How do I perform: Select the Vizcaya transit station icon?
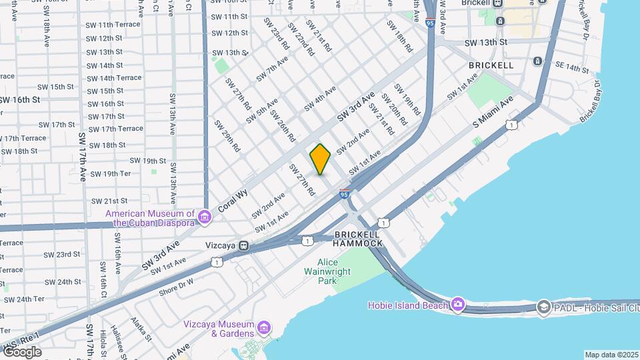point(245,245)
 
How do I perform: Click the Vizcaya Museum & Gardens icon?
point(264,327)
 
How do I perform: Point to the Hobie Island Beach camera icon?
point(457,305)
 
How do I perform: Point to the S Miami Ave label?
point(493,112)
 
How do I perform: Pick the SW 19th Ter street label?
point(112,173)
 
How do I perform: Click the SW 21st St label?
point(109,201)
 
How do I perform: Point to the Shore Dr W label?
point(176,287)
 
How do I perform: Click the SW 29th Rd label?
point(226,135)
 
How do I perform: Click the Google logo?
point(21,351)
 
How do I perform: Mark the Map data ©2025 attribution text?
point(611,355)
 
